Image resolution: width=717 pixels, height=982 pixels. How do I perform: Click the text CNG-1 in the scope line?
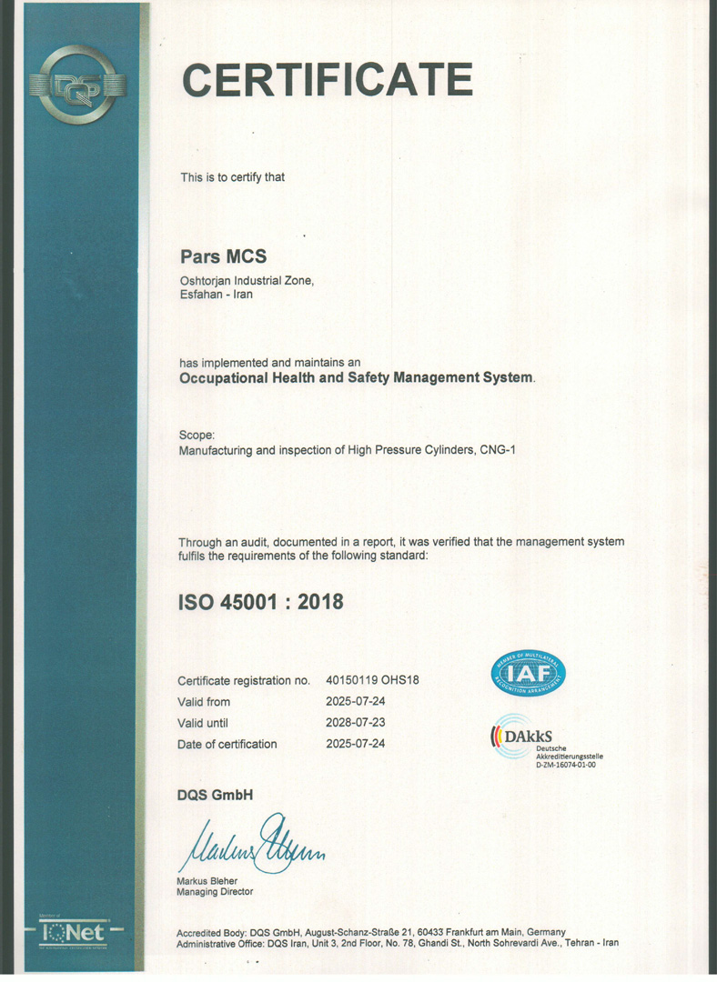click(x=497, y=450)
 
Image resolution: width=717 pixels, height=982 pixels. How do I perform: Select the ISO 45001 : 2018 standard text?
click(x=260, y=601)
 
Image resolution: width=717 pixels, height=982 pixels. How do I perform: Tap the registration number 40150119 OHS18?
click(x=371, y=680)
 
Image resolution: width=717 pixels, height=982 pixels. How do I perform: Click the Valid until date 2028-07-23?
click(x=355, y=723)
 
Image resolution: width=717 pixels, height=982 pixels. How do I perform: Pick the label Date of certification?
click(x=227, y=744)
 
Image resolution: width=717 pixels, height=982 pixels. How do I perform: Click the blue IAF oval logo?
click(x=529, y=674)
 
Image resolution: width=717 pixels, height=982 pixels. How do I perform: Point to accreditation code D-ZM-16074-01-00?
click(x=566, y=766)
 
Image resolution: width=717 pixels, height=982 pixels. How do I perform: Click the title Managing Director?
click(x=216, y=892)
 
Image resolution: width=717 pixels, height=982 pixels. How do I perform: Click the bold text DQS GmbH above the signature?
click(x=216, y=796)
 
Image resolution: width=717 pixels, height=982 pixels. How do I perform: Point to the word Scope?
click(x=197, y=435)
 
